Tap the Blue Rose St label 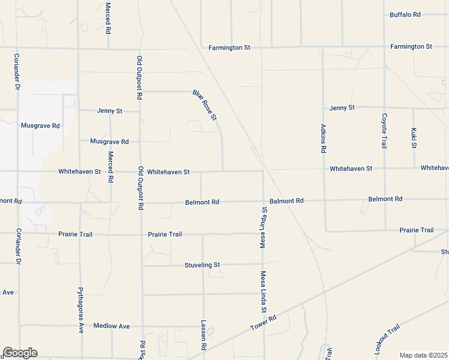tap(205, 105)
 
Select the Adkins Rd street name tap(323, 139)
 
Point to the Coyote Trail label tap(384, 131)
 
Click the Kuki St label tap(414, 137)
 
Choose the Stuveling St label tap(202, 265)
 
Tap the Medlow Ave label tap(112, 326)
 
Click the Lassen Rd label tap(203, 335)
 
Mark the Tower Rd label tap(263, 323)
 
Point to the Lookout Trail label tap(387, 338)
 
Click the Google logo tap(20, 353)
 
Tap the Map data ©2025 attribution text tap(423, 355)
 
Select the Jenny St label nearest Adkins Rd tap(342, 107)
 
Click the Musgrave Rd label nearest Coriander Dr tap(40, 126)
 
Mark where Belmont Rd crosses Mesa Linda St tap(263, 201)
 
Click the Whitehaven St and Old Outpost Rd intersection tap(140, 171)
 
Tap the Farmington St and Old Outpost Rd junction tap(140, 49)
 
